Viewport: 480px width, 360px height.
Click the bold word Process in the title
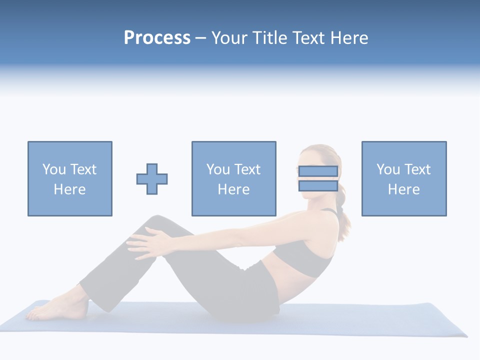point(157,38)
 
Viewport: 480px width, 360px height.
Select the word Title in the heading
point(274,38)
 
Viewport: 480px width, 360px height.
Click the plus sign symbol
point(152,179)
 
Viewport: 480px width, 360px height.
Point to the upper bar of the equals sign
point(318,171)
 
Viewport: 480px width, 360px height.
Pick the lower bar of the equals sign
point(318,186)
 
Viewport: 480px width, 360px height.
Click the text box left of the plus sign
point(70,179)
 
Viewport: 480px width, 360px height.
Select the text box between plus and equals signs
point(234,179)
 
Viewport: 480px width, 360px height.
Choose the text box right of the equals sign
point(404,179)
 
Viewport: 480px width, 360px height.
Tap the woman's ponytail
point(343,220)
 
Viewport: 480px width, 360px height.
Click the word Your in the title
point(229,38)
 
